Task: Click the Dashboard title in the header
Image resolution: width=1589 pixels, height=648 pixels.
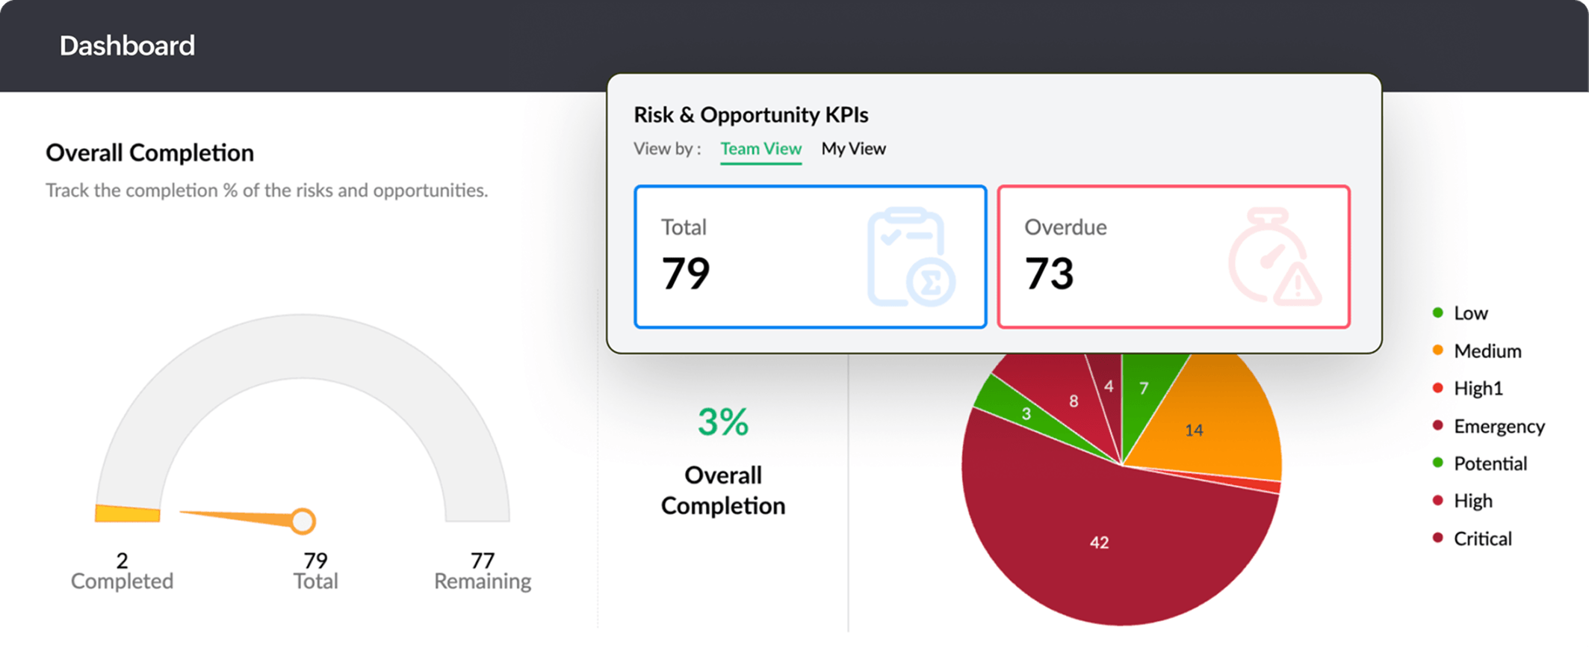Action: tap(127, 46)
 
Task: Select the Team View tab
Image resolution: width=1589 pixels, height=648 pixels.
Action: tap(761, 149)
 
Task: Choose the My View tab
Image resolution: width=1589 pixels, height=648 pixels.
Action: tap(853, 149)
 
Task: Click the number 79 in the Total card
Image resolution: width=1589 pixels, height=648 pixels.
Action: tap(686, 273)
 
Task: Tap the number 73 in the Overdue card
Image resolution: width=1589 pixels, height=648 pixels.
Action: tap(1049, 273)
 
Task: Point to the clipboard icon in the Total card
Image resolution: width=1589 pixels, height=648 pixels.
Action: tap(910, 258)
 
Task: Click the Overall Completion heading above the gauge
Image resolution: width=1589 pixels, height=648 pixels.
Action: tap(149, 152)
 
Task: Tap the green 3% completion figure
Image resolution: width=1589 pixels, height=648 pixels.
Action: tap(722, 422)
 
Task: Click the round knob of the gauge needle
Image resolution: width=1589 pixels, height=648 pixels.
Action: tap(303, 521)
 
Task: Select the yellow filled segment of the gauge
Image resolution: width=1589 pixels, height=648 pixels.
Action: tap(127, 513)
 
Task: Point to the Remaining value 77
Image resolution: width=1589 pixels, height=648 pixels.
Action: tap(483, 560)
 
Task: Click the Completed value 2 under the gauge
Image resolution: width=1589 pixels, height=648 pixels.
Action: tap(122, 560)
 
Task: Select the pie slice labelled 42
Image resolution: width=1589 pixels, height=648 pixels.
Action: tap(1098, 542)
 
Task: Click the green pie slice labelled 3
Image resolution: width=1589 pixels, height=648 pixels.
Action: tap(1025, 413)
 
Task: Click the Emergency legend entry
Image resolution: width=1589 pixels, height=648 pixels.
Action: tap(1498, 426)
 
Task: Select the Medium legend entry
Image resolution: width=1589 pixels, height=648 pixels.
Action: tap(1487, 351)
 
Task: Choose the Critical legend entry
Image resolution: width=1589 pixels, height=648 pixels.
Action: tap(1482, 539)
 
